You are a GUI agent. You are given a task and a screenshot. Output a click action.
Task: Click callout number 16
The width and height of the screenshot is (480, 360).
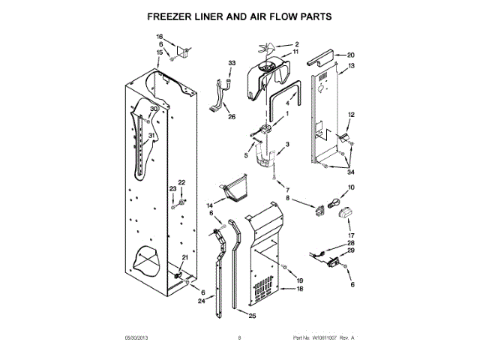[x=159, y=37]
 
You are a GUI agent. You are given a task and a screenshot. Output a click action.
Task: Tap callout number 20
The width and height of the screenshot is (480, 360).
[x=350, y=55]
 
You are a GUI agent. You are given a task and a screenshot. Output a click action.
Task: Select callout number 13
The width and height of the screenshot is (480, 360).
[x=350, y=65]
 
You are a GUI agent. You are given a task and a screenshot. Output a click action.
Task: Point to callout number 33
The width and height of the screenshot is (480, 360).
[x=232, y=61]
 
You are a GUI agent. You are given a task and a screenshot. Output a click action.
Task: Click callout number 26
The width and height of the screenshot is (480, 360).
[x=232, y=116]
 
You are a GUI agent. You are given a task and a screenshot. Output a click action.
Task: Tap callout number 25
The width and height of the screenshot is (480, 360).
[x=252, y=316]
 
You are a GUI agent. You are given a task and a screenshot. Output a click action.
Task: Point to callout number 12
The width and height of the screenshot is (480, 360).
[x=350, y=114]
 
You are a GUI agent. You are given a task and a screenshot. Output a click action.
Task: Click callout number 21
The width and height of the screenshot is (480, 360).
[x=186, y=257]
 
